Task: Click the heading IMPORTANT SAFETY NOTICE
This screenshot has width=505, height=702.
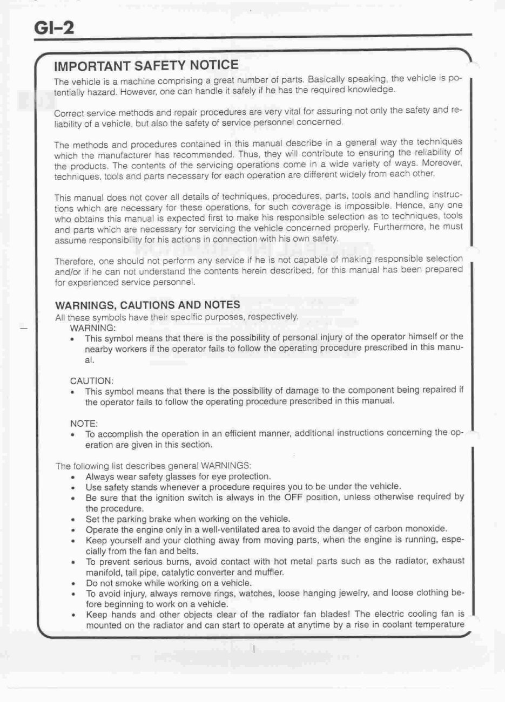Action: coord(146,66)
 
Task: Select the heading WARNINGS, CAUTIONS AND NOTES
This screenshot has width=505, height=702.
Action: coord(147,305)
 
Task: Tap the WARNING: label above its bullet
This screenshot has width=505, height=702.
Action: coord(93,328)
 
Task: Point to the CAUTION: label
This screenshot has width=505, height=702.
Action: coord(91,380)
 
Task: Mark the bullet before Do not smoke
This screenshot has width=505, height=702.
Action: coord(72,584)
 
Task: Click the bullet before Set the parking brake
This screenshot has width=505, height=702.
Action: coord(72,519)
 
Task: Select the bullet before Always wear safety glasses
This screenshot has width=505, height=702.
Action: coord(72,477)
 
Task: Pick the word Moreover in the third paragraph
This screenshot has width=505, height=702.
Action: coord(442,162)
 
